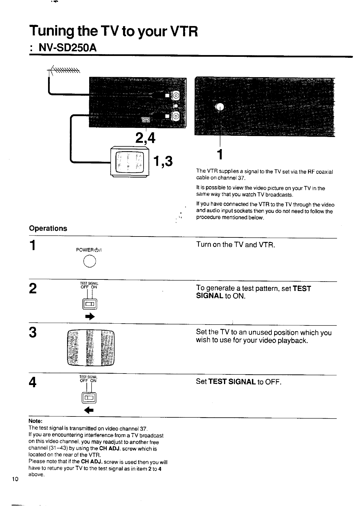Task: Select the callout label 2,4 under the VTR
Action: [x=145, y=138]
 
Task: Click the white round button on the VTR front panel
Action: [x=220, y=106]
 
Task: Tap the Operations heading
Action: [x=48, y=228]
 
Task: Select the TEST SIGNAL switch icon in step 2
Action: [x=90, y=304]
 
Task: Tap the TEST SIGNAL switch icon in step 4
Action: [x=89, y=397]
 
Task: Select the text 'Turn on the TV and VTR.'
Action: [x=235, y=245]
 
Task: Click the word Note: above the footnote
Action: [x=35, y=421]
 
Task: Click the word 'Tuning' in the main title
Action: [x=51, y=31]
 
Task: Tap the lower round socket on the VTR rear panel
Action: [x=176, y=115]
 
